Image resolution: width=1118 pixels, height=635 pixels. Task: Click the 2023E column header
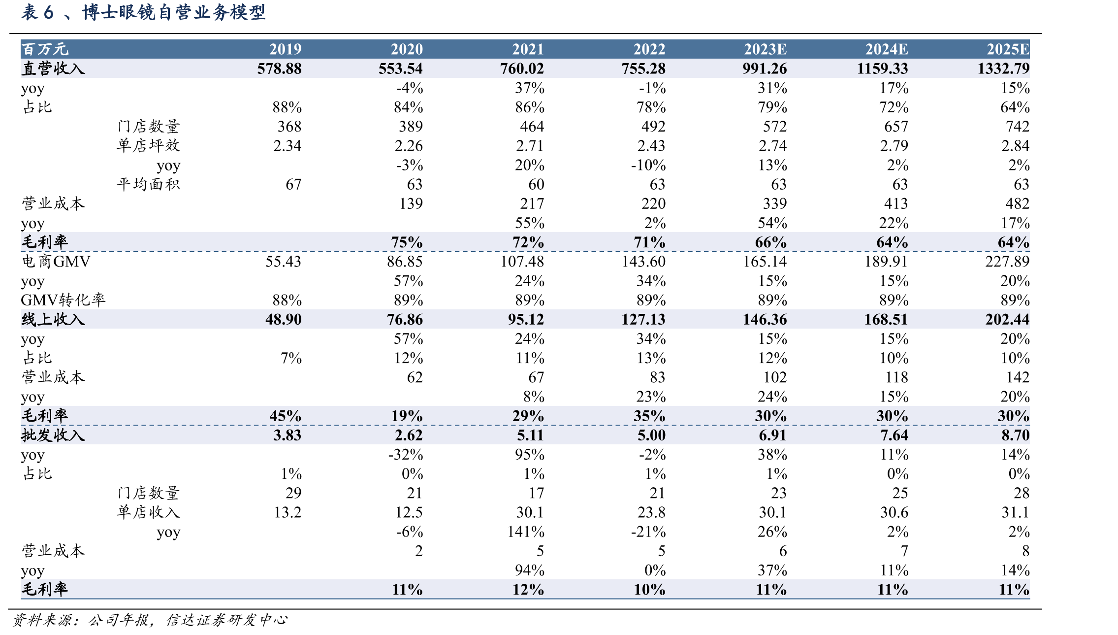tap(765, 49)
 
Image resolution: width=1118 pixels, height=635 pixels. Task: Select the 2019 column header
tap(286, 49)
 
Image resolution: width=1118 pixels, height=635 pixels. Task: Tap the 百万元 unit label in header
tap(45, 49)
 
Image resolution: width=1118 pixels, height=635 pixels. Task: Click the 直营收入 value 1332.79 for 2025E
tap(1003, 68)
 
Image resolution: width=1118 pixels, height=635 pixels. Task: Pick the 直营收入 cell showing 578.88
tap(279, 68)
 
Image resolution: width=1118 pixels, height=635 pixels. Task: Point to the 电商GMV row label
tap(56, 261)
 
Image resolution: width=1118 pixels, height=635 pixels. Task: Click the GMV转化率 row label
tap(63, 300)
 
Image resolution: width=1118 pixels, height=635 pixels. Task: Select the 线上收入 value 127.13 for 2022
tap(643, 319)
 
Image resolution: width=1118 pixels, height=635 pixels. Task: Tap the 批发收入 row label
tap(53, 435)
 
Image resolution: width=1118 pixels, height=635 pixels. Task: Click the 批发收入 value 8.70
tap(1015, 435)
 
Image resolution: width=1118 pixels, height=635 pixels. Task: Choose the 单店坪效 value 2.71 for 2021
tap(530, 146)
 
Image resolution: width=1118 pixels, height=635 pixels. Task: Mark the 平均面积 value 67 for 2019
tap(293, 184)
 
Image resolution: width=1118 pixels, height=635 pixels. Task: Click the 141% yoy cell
tap(526, 532)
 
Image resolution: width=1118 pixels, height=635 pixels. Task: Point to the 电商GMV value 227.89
tap(1007, 261)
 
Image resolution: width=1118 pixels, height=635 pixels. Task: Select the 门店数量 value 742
tap(1018, 127)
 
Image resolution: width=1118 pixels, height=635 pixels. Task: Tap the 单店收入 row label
tap(148, 512)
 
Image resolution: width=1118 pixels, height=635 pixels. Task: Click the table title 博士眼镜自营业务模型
tap(174, 12)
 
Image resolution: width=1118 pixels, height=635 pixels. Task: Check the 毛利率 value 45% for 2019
tap(286, 416)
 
